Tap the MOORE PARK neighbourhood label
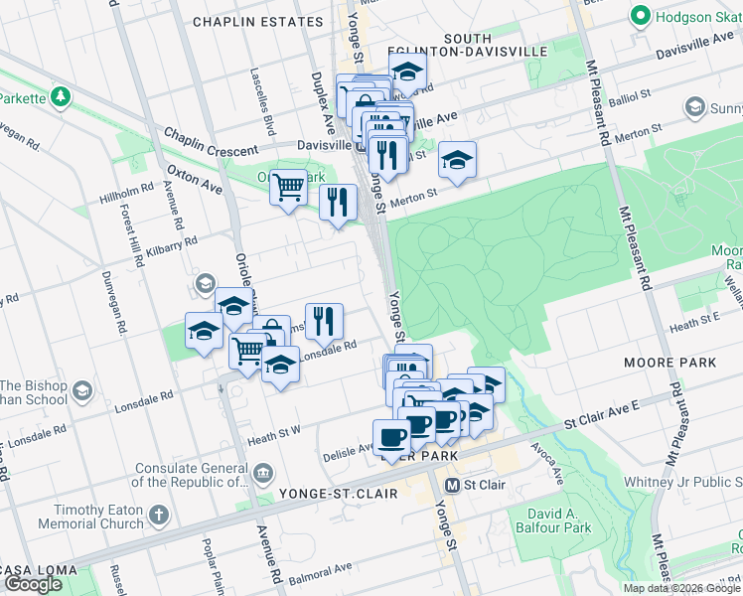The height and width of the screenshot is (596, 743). pyautogui.click(x=669, y=363)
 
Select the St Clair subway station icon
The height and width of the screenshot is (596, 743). pyautogui.click(x=453, y=486)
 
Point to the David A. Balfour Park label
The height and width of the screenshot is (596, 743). pyautogui.click(x=551, y=521)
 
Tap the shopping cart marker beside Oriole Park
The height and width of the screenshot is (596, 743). pyautogui.click(x=288, y=185)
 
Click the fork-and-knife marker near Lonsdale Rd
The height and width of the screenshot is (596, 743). pyautogui.click(x=324, y=320)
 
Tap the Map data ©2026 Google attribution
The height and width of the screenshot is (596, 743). pyautogui.click(x=681, y=588)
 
